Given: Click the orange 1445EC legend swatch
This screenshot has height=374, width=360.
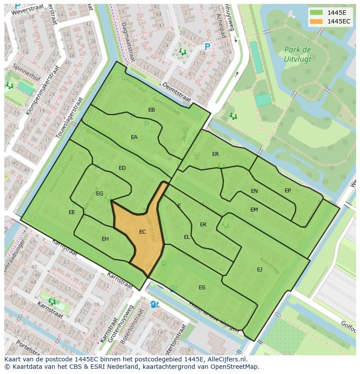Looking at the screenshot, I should (317, 21).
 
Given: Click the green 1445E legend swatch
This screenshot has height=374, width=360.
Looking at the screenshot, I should (317, 13).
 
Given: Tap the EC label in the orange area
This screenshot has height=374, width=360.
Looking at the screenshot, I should (142, 232).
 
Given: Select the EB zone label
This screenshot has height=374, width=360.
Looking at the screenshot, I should (151, 110).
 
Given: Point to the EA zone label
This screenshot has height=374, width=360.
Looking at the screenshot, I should (134, 137).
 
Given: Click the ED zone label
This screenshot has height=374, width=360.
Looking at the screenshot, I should (122, 168).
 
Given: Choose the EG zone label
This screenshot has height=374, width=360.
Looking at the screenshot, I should (100, 194).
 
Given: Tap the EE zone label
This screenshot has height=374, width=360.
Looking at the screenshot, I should (72, 212).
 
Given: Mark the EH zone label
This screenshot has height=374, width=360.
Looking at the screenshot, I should (105, 239).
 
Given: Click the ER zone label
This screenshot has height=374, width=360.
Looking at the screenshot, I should (215, 154).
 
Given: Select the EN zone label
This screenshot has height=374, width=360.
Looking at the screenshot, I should (254, 191).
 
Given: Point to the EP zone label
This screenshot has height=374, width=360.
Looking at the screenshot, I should (288, 191).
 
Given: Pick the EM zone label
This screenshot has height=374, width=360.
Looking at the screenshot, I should (254, 210).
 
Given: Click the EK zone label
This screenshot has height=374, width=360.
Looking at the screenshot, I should (203, 225).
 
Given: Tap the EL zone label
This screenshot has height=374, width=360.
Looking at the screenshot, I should (187, 237).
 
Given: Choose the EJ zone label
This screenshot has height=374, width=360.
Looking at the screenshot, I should (260, 270).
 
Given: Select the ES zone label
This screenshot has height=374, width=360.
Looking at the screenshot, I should (202, 288).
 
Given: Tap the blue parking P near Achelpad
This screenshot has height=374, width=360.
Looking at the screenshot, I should (207, 46).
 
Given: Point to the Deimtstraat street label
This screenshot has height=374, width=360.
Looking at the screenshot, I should (177, 92).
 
